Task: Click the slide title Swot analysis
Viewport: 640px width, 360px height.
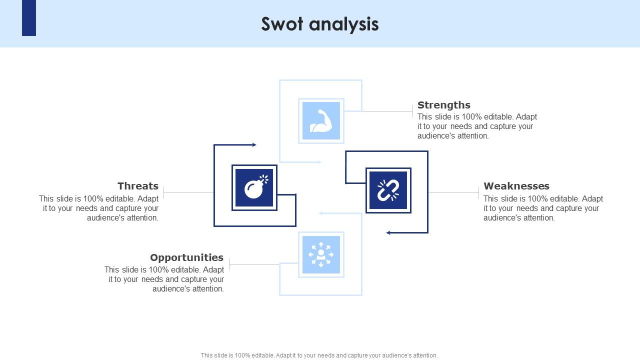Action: (x=320, y=24)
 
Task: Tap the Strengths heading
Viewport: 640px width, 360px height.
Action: (x=443, y=105)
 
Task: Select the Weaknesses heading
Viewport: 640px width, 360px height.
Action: (x=516, y=186)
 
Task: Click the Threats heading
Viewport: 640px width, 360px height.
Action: (x=138, y=186)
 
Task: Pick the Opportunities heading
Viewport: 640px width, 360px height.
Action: (x=186, y=257)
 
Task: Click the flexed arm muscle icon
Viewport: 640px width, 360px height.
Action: (x=321, y=121)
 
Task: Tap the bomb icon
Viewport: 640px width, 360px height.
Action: (x=254, y=187)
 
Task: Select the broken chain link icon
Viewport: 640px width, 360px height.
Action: (x=388, y=190)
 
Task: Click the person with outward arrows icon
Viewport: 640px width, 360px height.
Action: (x=321, y=254)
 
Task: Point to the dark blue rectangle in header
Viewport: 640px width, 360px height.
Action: (x=29, y=18)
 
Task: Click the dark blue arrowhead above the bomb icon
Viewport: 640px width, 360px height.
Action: (x=254, y=145)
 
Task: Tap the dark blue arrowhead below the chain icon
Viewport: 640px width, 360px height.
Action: (x=388, y=232)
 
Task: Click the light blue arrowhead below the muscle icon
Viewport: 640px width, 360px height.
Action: (x=319, y=162)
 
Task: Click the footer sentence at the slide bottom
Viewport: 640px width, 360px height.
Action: (x=319, y=355)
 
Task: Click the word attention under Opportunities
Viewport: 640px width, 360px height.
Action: (x=207, y=289)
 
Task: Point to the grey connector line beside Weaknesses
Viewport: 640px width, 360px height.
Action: (x=453, y=192)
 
